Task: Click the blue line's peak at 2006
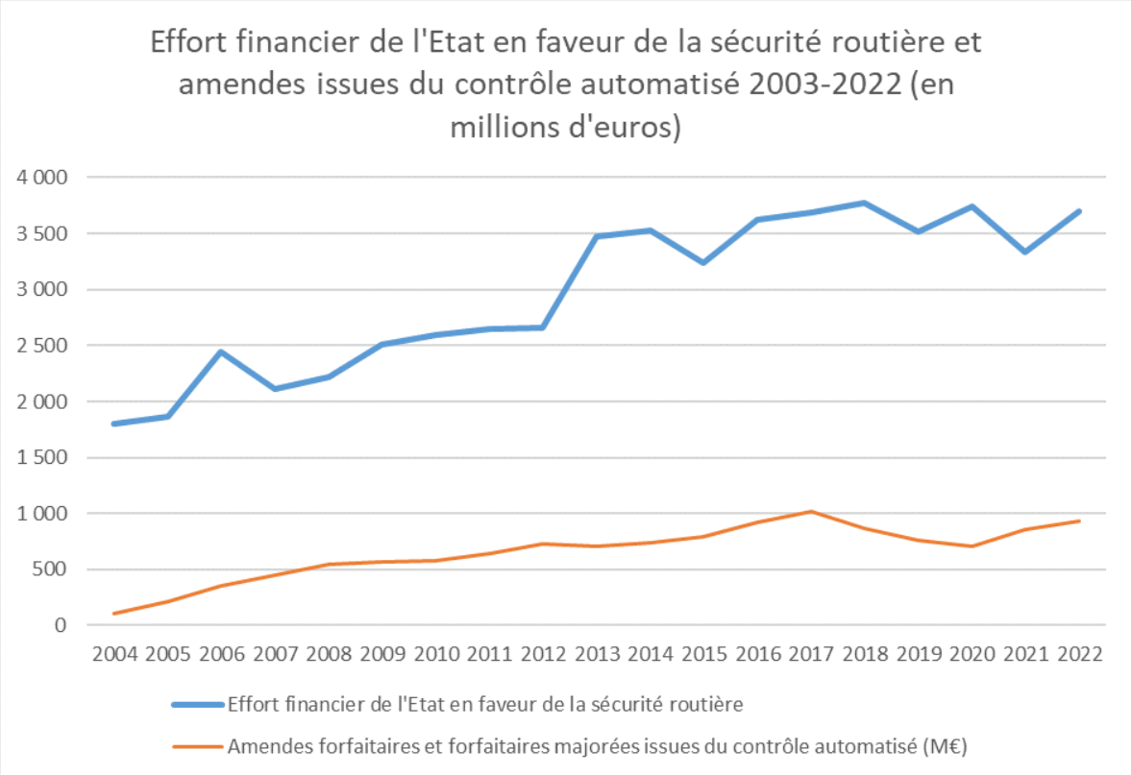(221, 351)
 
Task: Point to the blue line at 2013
(597, 236)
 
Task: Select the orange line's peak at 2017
(811, 512)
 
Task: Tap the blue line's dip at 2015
(704, 262)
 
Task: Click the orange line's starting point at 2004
(114, 613)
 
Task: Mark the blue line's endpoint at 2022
(1079, 211)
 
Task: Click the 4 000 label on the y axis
(41, 178)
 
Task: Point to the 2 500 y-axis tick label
(41, 346)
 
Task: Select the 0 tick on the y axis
(61, 625)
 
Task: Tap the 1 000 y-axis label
(41, 514)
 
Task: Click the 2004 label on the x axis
(114, 654)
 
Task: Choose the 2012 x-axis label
(543, 654)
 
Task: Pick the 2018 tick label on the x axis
(865, 654)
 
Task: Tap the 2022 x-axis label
(1079, 654)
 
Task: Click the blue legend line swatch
(197, 704)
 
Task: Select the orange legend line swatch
(197, 744)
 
